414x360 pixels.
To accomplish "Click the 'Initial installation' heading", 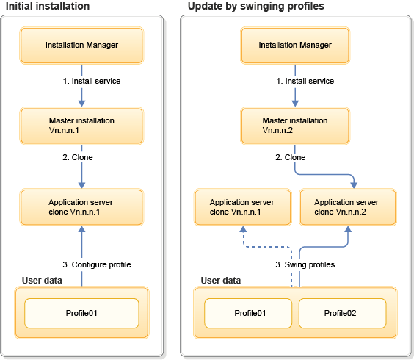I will click(x=48, y=7).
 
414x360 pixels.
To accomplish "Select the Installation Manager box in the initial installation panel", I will click(x=81, y=46).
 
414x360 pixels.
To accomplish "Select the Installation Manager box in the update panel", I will click(x=295, y=46).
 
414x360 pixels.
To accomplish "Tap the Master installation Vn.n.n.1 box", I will click(x=81, y=126).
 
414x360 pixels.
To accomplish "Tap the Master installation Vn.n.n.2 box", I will click(x=295, y=126).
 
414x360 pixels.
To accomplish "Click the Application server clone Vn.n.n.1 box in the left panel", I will click(x=81, y=206).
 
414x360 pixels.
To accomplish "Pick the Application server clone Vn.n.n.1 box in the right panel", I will click(x=241, y=206).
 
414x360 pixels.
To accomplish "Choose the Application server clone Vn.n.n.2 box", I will click(x=348, y=206).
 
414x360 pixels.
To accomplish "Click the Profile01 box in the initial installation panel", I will click(x=81, y=314).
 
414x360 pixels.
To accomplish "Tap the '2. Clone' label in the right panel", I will click(x=290, y=157).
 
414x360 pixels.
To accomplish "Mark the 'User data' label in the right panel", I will click(x=220, y=280).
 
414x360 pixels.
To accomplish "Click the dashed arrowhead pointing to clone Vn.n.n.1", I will click(x=241, y=229).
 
